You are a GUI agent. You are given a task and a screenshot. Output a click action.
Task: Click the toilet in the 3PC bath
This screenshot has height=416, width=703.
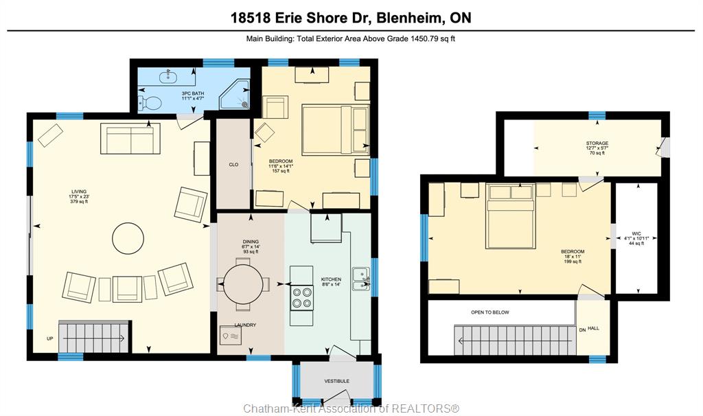(149, 103)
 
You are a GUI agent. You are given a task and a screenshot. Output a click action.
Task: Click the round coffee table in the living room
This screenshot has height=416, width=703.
(128, 238)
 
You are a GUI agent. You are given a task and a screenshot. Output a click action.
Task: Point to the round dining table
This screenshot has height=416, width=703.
(242, 284)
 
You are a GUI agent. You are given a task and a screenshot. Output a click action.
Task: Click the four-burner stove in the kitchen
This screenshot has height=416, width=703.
(302, 298)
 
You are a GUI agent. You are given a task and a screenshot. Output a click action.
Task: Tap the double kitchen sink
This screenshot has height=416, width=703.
(360, 279)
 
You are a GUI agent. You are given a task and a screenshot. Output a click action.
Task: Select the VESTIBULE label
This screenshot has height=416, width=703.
(336, 381)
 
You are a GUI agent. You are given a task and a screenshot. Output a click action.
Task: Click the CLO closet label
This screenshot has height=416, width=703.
(233, 165)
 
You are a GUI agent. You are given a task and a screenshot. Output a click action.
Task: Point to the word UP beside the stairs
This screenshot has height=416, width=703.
(49, 338)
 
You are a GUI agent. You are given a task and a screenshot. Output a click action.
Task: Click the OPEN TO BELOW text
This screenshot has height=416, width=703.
(490, 312)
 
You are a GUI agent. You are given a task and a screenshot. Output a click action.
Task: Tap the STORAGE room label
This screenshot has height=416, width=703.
(597, 143)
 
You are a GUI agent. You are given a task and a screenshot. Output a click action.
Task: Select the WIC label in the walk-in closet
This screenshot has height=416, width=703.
(636, 233)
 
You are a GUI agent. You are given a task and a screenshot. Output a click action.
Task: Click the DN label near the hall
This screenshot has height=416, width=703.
(582, 330)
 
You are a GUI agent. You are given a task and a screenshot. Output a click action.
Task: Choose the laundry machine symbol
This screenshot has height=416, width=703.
(230, 336)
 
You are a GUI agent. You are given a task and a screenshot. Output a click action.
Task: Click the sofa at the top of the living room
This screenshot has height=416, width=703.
(130, 139)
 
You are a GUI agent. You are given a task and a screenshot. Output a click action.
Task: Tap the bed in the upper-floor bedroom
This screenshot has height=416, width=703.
(511, 216)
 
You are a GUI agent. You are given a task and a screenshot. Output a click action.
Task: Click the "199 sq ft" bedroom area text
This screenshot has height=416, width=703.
(573, 262)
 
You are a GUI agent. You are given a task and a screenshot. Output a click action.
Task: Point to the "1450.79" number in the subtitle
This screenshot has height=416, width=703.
(423, 38)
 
